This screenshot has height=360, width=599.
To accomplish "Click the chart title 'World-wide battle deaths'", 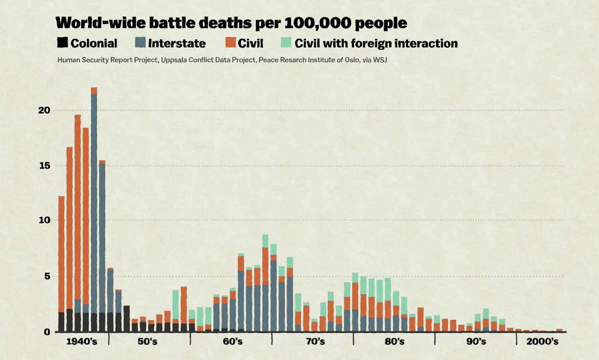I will pos(231,23).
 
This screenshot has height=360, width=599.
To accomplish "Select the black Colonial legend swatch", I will pos(62,43).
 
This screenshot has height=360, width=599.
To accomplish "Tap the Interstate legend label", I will pos(177,43).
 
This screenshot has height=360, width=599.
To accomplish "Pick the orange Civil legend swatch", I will pos(231,43).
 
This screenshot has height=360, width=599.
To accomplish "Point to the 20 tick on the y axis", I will pos(44,110).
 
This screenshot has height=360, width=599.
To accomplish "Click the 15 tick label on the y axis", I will pos(44,166).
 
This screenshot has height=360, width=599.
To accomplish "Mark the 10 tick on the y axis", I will pos(44,220).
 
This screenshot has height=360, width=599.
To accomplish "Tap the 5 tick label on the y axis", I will pos(47,277).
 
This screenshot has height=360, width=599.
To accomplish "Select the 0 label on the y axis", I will pos(47,332).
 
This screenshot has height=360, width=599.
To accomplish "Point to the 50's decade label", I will pos(150,342).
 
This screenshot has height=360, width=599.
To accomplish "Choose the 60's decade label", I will pos(232,342).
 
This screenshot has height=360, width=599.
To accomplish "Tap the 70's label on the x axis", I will pos(314,342).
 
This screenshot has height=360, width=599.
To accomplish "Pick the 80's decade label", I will pos(394,342).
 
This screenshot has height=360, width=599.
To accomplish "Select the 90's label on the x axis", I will pos(476,342).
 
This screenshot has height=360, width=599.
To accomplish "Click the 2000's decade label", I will pos(542,342).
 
